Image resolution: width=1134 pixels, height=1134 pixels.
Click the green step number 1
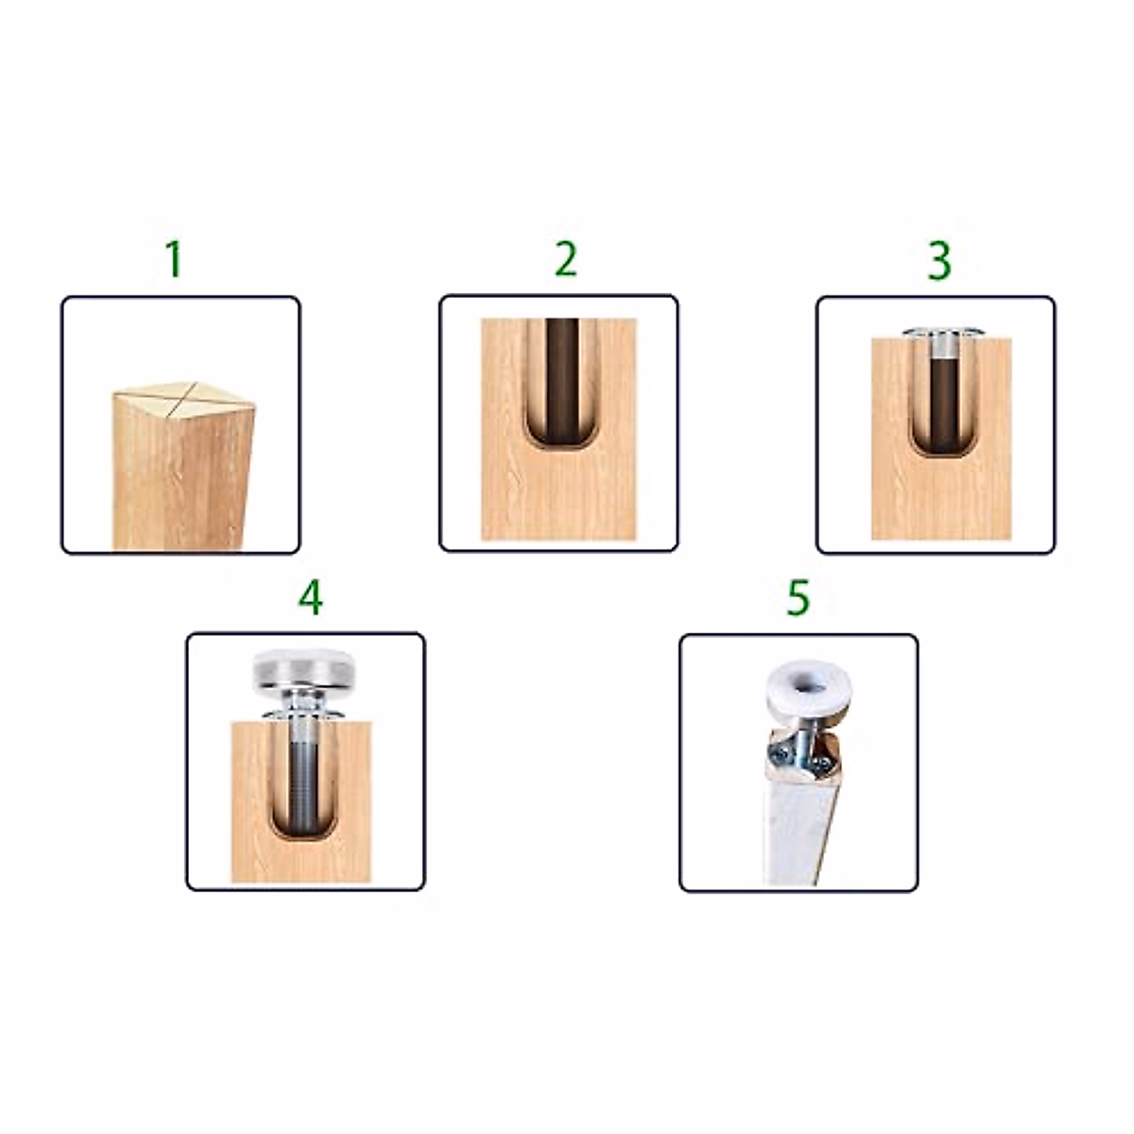173,260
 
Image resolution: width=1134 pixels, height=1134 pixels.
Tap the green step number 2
565,260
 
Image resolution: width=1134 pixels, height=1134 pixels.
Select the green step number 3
937,262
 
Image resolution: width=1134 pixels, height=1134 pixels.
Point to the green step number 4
310,597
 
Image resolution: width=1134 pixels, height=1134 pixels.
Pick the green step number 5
799,597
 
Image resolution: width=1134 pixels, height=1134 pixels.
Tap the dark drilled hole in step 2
564,378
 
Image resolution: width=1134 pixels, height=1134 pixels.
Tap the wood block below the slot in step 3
939,501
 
